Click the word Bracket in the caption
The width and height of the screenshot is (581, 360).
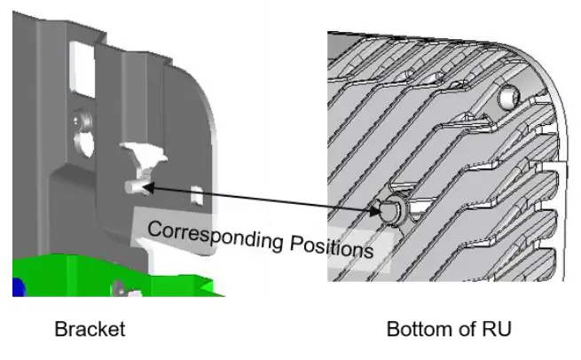coord(90,330)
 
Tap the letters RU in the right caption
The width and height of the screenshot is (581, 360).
coord(499,330)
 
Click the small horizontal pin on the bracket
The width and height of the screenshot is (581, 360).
coord(136,187)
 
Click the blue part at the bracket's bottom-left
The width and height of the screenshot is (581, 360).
coord(17,286)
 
